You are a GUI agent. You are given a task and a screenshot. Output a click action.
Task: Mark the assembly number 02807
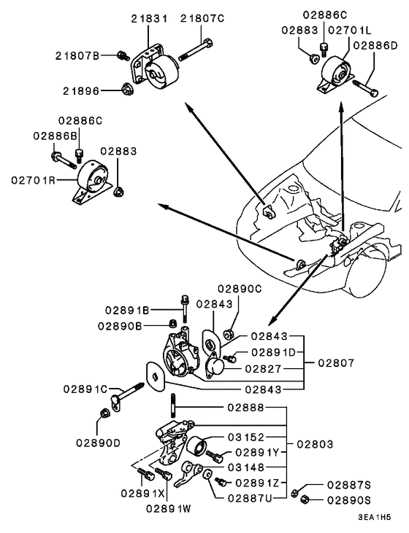tap(337, 362)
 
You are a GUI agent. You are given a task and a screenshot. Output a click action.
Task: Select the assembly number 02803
tap(316, 443)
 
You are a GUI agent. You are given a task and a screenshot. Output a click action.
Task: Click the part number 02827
tap(263, 369)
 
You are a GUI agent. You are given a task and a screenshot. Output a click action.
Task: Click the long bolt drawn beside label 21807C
tap(196, 47)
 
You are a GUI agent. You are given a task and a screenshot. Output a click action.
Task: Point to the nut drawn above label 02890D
tap(105, 413)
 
